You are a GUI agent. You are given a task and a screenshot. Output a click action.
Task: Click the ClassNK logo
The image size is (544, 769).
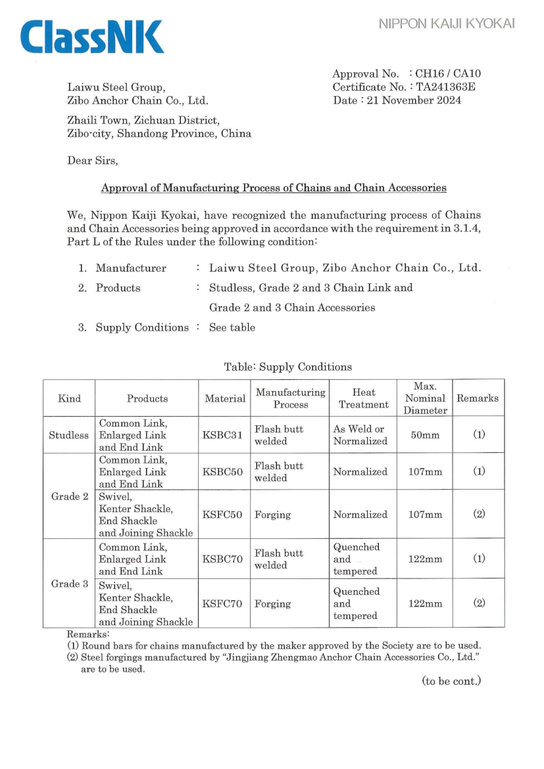pos(91,37)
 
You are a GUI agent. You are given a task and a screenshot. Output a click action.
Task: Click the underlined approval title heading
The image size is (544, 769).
pos(274,188)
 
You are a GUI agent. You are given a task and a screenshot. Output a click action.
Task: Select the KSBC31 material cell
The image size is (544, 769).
pos(224,434)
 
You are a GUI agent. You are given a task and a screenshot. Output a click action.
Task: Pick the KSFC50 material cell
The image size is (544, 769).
pos(224,515)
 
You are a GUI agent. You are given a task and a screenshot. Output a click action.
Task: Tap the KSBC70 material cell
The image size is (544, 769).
pos(224,559)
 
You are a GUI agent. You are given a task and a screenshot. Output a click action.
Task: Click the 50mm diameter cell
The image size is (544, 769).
pos(424,434)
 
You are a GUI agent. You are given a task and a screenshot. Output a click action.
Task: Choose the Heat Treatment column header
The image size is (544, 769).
pos(363,398)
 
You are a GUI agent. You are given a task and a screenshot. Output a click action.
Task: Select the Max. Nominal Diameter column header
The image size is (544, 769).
pos(424,398)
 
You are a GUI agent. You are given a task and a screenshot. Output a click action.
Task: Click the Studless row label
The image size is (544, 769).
pos(69,434)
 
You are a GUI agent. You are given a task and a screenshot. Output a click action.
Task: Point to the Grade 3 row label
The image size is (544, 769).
pos(69,584)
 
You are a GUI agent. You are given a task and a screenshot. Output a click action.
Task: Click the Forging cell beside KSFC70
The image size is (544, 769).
pos(273,603)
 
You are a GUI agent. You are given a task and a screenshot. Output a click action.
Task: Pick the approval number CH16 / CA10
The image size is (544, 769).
pos(454,74)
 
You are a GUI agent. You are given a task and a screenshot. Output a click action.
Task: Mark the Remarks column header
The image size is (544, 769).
pos(478,398)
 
